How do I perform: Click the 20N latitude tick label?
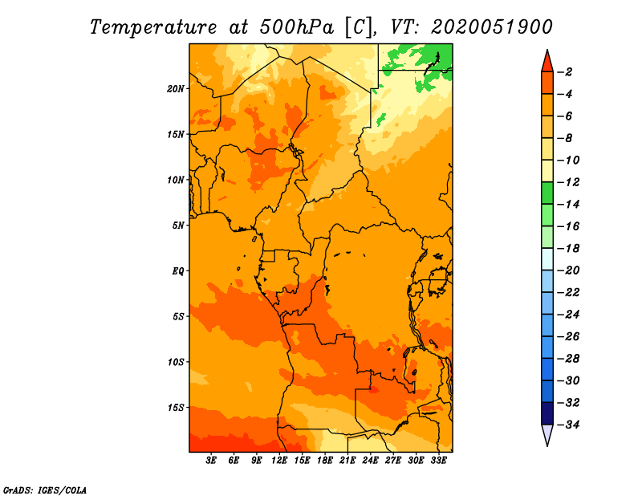click(175, 89)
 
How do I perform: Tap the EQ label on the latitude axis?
click(178, 271)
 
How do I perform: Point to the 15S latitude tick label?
click(175, 408)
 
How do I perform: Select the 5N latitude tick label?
click(177, 226)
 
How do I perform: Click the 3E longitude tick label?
click(211, 461)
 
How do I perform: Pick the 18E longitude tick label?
click(325, 461)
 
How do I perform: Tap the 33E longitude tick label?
click(438, 461)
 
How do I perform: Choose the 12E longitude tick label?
click(279, 461)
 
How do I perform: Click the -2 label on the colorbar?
click(566, 72)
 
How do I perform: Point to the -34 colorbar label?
click(569, 425)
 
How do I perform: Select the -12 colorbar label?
click(569, 182)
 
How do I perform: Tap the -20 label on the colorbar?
click(569, 270)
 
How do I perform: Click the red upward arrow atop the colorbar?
click(547, 62)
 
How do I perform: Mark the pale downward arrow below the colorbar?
click(547, 434)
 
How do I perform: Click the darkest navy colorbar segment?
click(547, 413)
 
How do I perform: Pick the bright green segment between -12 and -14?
click(547, 193)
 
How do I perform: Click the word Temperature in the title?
click(152, 27)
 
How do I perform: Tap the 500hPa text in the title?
click(296, 27)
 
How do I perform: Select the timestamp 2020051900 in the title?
click(492, 27)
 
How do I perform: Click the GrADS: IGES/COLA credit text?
click(45, 490)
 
